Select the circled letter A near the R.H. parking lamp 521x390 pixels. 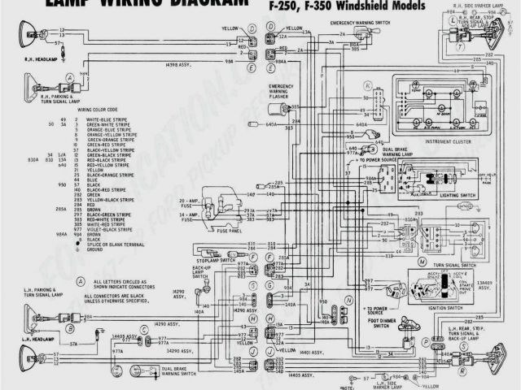(x=71, y=76)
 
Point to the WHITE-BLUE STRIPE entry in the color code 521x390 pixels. (x=110, y=119)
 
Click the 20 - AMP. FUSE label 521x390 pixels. (x=190, y=201)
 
